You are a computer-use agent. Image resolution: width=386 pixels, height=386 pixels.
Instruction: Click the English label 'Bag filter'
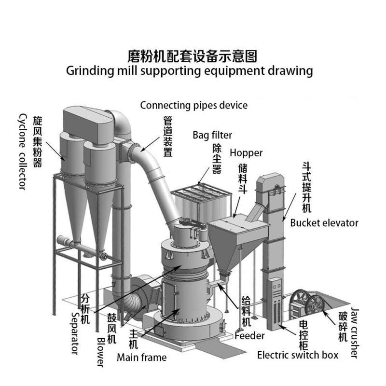tap(212, 135)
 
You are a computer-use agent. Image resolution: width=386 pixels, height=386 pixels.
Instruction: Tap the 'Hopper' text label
tap(246, 153)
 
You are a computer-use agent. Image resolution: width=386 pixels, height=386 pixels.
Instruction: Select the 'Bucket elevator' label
tap(324, 223)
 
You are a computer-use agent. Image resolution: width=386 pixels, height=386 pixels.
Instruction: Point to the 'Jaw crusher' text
tap(355, 333)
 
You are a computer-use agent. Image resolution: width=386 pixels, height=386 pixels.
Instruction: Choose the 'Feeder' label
tap(249, 336)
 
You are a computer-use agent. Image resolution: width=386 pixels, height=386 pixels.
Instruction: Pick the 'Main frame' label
tap(141, 358)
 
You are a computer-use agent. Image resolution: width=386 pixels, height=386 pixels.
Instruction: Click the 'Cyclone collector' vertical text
tap(22, 152)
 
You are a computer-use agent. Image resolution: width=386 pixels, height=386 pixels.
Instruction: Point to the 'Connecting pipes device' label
tap(193, 105)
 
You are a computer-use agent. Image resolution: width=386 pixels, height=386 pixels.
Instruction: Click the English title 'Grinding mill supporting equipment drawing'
tap(189, 71)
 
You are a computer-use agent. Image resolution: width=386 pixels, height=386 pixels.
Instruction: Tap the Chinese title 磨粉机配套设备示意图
tap(189, 56)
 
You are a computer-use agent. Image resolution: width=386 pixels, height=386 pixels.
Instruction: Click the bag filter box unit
tap(200, 205)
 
